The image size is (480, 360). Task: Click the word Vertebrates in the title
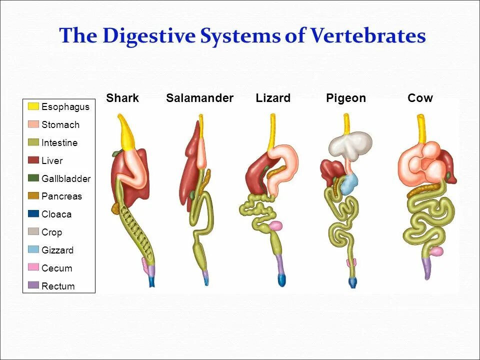point(368,36)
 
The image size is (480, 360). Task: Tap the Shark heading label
point(122,98)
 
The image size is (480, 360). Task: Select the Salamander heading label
point(199,98)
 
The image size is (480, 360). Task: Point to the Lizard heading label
point(273,98)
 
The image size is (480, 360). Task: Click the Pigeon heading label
point(346,98)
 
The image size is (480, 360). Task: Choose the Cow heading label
point(420,98)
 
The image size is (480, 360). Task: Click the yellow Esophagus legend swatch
point(33,106)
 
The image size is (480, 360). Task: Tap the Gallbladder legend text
point(66,178)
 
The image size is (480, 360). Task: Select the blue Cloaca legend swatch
point(33,214)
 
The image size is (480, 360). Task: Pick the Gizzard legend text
point(57,250)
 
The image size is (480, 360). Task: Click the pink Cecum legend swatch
point(33,268)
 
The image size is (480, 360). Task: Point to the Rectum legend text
point(58,286)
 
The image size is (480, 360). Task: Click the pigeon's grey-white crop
point(350,143)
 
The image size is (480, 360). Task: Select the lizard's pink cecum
point(275,226)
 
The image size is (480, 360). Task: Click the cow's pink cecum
point(436,251)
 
